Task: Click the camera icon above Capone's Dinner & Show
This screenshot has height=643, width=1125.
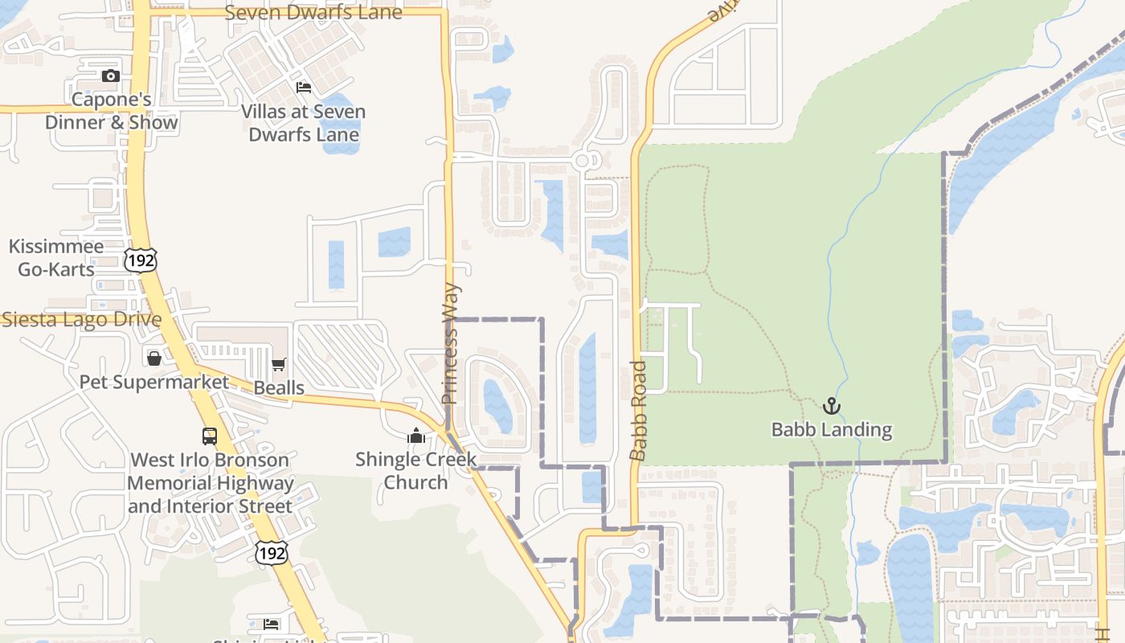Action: (111, 76)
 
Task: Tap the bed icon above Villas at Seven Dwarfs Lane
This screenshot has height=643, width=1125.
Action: (304, 87)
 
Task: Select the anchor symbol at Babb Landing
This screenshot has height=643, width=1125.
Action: (832, 406)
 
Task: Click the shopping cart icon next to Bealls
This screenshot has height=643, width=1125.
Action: (279, 365)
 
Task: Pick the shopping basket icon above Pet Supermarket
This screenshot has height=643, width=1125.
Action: (154, 358)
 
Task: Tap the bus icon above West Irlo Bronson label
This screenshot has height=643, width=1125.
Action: (210, 436)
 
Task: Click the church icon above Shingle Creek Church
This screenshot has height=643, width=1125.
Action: (416, 436)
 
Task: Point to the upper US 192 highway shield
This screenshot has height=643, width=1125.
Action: (141, 260)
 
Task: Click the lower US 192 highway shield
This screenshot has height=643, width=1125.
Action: (271, 551)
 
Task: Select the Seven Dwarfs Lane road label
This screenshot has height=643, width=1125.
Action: (313, 13)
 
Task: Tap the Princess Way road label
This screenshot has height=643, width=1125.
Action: (451, 343)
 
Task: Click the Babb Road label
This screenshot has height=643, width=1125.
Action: (638, 411)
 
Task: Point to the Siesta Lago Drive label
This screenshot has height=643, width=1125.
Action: (81, 320)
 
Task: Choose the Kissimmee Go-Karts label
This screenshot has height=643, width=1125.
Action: (56, 258)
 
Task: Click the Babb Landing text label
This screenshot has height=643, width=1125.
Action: (832, 430)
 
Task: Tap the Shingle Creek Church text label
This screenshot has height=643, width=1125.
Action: (416, 471)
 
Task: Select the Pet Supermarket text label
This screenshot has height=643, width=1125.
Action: (154, 382)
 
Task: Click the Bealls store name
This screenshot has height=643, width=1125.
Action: (279, 388)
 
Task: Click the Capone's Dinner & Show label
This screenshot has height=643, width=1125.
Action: (111, 112)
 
